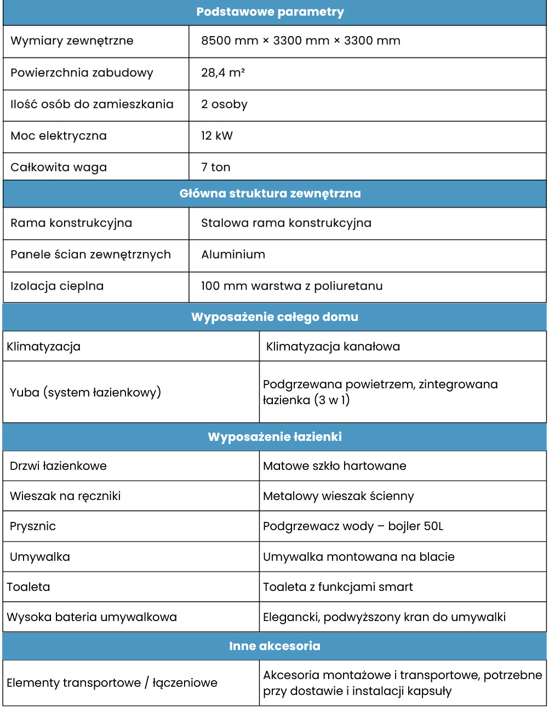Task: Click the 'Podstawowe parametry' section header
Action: pos(270,12)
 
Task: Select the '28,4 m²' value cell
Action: pos(223,73)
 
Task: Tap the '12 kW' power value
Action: pos(217,136)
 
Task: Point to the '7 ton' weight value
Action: pos(216,168)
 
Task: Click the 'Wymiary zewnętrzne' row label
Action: pos(72,41)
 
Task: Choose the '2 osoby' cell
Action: pos(224,105)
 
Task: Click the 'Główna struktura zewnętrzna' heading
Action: pos(270,193)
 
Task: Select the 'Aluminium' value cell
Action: pos(233,255)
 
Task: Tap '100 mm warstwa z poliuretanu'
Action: pos(291,286)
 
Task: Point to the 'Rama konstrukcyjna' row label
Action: pos(71,223)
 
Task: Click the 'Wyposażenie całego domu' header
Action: pos(274,317)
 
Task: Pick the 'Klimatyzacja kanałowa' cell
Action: pos(333,347)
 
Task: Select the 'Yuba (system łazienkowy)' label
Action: pos(85,392)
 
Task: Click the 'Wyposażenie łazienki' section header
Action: pos(274,437)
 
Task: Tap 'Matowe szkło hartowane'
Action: pos(334,466)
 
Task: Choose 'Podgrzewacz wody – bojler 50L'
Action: pos(353,526)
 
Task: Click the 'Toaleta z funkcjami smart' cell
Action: pos(338,587)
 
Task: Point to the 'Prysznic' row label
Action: pos(33,526)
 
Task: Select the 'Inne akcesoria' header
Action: pos(274,646)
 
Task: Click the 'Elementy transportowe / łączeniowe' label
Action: pos(112,683)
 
